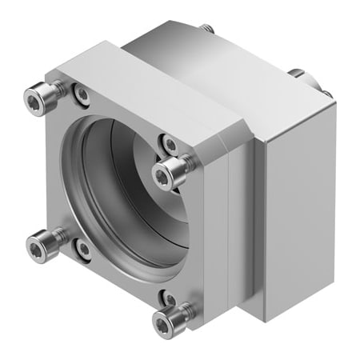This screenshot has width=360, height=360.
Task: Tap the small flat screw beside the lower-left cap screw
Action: click(83, 249)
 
